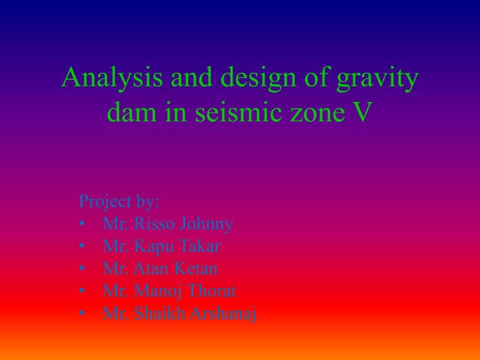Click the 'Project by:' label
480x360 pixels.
[x=119, y=202]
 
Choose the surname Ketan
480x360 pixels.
[x=197, y=268]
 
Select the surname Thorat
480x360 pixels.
[x=210, y=291]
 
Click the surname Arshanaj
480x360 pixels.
[x=225, y=313]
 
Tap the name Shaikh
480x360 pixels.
[x=158, y=313]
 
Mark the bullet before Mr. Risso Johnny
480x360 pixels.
[x=81, y=224]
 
